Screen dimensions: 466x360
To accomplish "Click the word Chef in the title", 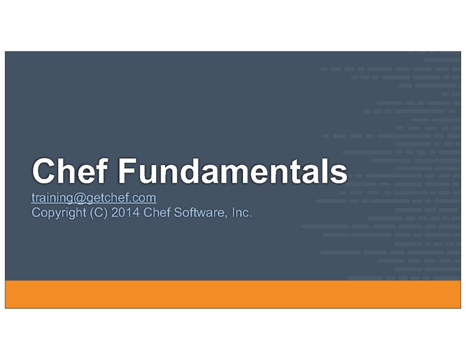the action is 70,171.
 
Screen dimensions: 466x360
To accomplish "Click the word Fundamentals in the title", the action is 233,171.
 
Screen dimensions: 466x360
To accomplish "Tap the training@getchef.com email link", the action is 94,198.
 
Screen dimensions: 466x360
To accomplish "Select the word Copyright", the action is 59,213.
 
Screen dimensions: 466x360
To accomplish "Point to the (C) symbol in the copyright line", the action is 98,213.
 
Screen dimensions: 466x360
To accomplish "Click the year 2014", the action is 125,213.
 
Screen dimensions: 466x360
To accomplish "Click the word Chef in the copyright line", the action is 157,213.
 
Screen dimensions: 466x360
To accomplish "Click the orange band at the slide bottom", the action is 233,294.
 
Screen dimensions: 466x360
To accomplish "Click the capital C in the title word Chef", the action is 44,171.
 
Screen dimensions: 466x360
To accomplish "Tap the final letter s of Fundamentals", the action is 339,174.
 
